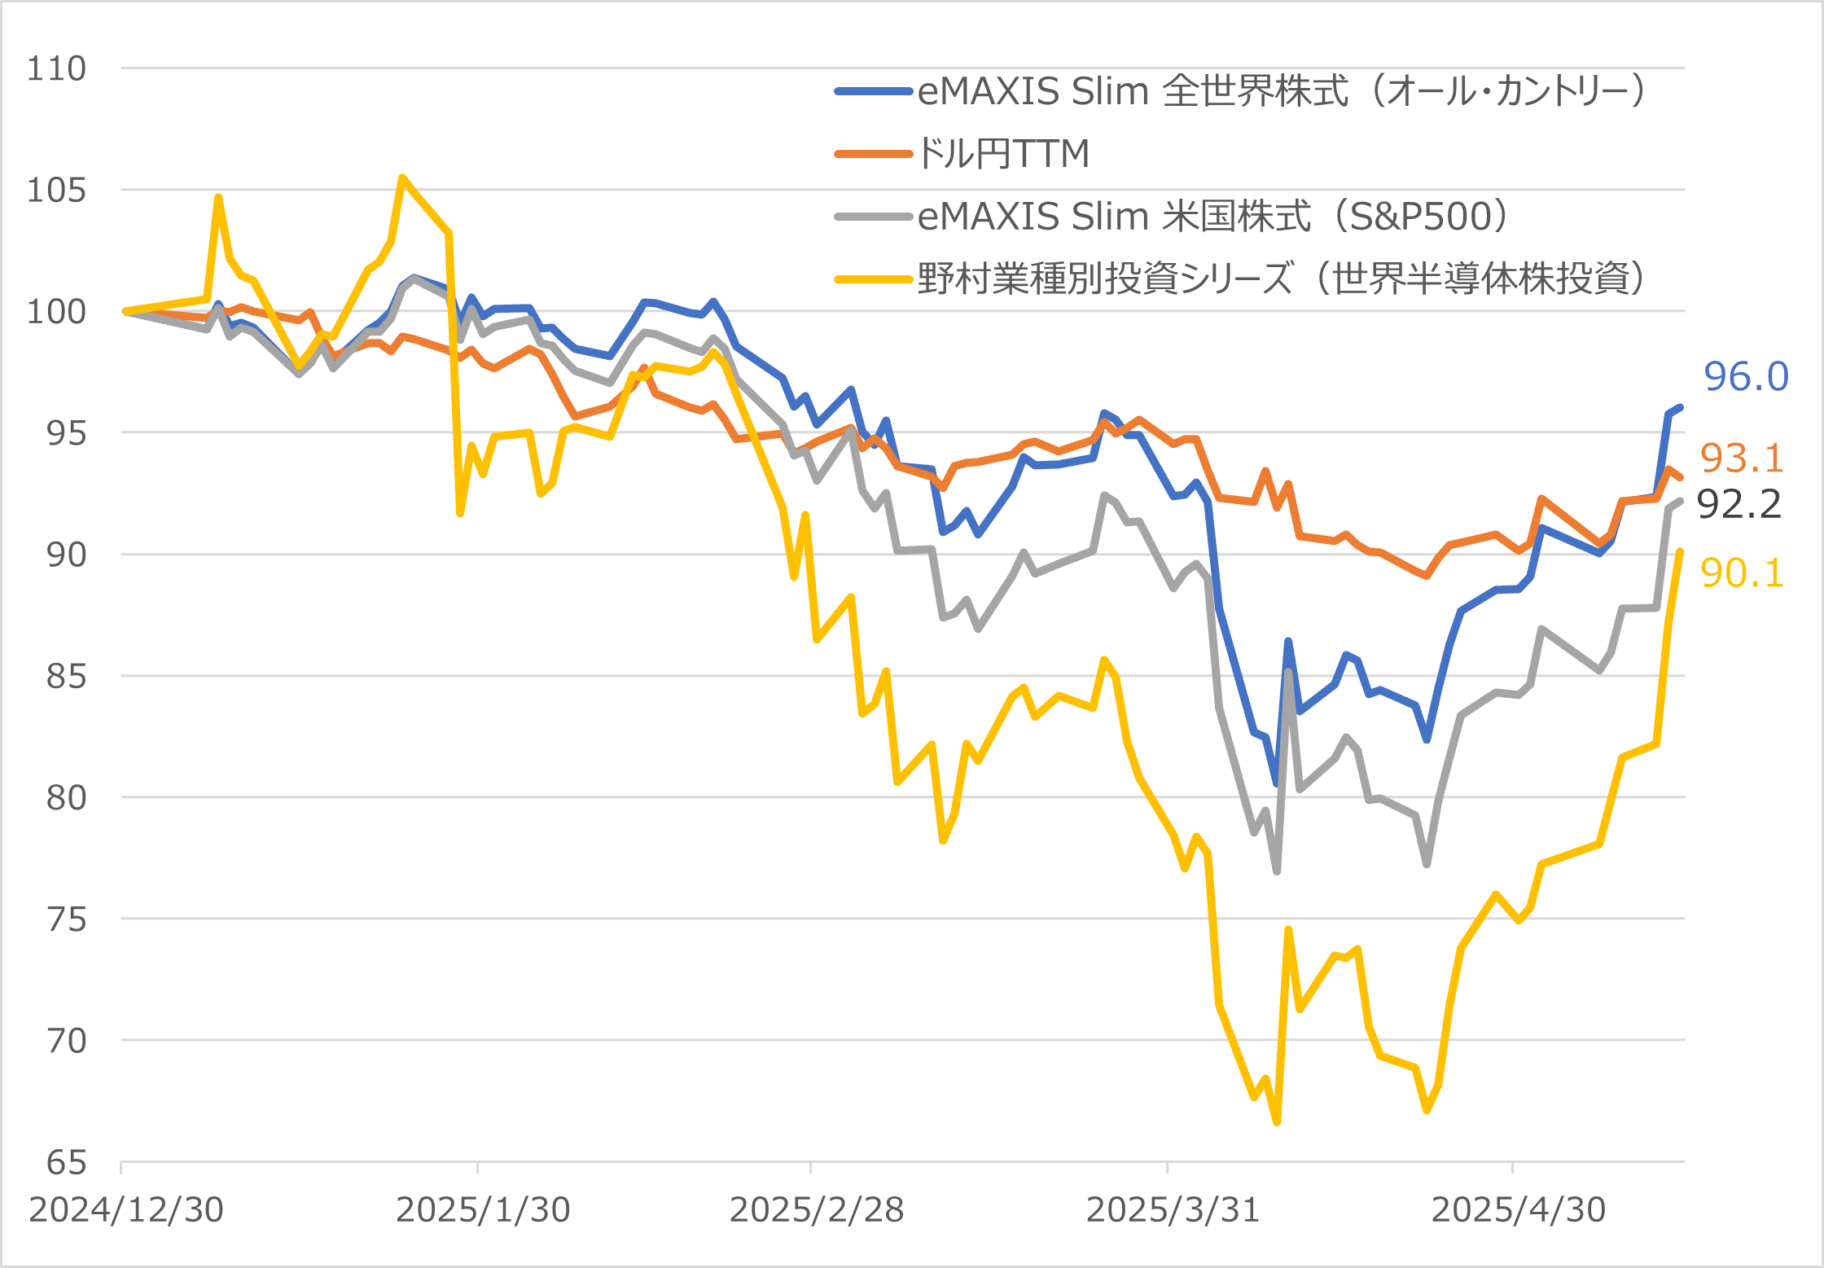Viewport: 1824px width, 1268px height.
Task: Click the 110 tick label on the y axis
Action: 56,68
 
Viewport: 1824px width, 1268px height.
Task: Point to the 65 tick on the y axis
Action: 66,1162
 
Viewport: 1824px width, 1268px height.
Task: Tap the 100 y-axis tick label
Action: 56,311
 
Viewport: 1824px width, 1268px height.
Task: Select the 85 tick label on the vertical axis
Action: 66,676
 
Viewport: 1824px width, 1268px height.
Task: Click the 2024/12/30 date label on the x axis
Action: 126,1210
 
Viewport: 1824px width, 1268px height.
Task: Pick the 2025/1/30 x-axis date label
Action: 483,1210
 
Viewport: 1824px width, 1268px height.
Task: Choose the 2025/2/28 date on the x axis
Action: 817,1210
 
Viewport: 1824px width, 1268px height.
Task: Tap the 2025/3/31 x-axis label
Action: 1173,1210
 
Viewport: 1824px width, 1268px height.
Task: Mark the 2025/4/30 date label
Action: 1519,1210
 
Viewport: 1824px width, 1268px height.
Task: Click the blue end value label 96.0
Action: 1746,376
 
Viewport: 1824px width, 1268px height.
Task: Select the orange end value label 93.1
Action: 1742,458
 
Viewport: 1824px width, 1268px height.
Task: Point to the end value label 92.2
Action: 1738,504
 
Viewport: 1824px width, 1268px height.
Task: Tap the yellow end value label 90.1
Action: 1742,573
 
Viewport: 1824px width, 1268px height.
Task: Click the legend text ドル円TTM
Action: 1003,153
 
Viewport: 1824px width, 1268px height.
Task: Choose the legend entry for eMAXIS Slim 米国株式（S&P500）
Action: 1213,216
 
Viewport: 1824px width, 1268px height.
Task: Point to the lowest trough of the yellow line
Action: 1277,1122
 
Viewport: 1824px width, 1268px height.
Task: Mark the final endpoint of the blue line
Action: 1681,407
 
